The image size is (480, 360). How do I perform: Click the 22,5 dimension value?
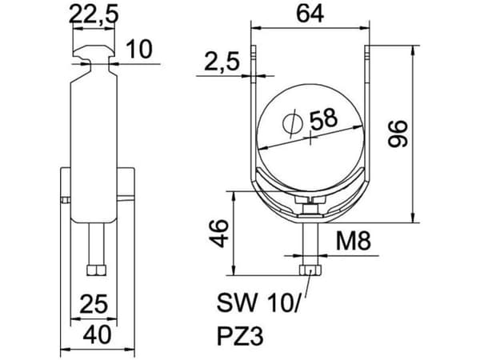click(94, 14)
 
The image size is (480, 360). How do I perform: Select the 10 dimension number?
click(139, 49)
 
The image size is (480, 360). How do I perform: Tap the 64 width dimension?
click(310, 14)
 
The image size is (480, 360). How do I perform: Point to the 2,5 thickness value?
click(222, 62)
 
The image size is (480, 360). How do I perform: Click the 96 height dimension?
click(398, 134)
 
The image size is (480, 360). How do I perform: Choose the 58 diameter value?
click(323, 118)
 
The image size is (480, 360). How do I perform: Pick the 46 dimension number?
click(219, 233)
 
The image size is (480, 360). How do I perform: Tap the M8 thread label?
click(354, 241)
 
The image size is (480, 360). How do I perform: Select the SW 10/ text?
click(257, 302)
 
